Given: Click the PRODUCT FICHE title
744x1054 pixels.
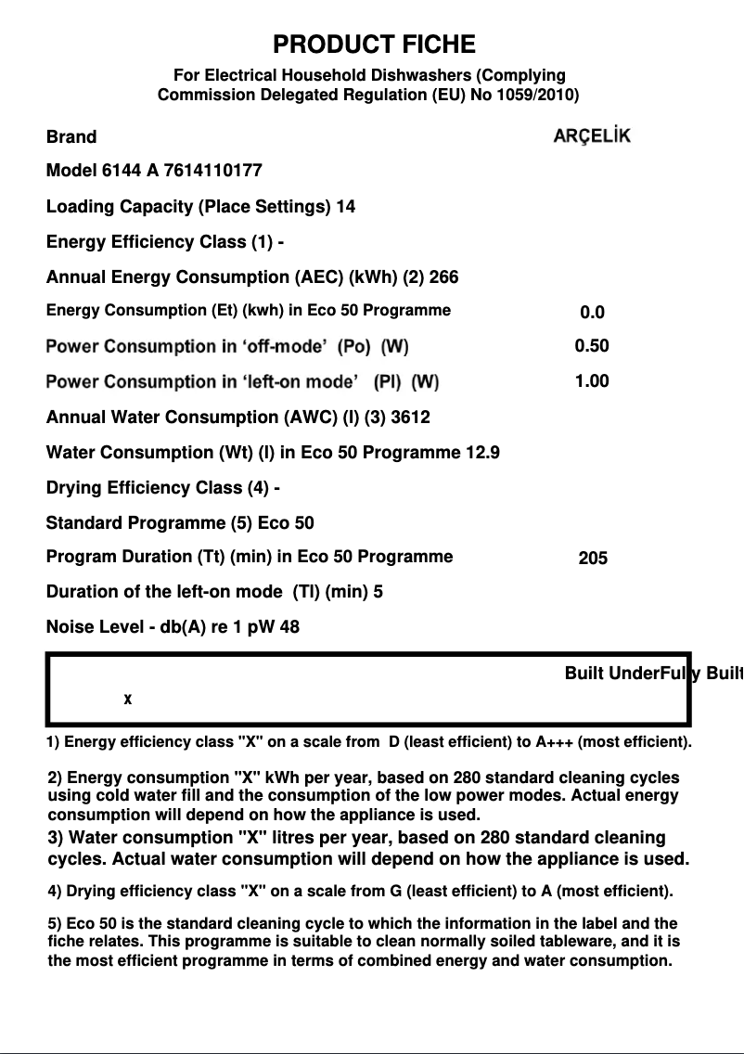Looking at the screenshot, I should (x=374, y=45).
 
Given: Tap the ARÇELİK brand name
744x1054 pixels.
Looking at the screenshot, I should (x=592, y=136).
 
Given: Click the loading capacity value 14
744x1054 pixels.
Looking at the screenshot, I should (x=345, y=206).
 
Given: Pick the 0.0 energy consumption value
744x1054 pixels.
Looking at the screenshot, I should (x=592, y=313).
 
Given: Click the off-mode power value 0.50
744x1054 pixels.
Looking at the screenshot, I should (x=592, y=346).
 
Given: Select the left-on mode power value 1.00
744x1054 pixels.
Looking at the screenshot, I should (x=592, y=380).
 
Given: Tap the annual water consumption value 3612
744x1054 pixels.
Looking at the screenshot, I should (x=410, y=418).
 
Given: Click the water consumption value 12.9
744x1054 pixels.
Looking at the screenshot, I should (x=481, y=453).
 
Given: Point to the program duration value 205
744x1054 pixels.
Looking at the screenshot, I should (x=593, y=559).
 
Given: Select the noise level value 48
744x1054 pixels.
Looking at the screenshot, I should (x=289, y=627).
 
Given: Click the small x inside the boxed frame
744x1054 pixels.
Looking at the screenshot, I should (x=128, y=700).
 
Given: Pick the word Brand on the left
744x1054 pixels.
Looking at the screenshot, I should (x=71, y=137).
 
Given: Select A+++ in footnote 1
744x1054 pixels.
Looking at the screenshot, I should (x=554, y=742).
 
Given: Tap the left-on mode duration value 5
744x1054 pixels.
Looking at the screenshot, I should (x=378, y=592).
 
